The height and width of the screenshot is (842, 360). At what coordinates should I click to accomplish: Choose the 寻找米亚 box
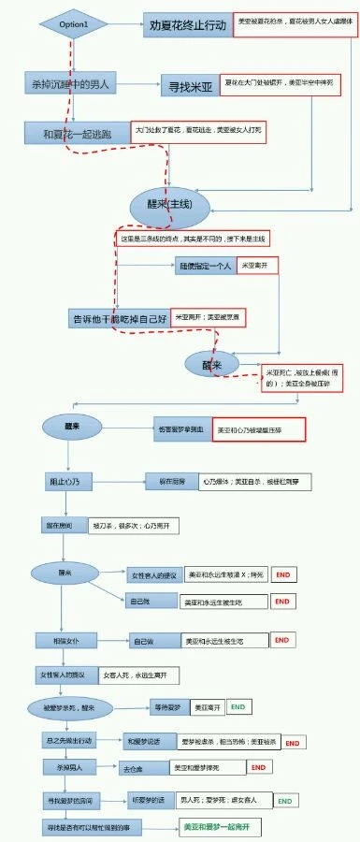click(x=188, y=85)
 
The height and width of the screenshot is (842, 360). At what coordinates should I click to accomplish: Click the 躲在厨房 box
click(x=169, y=482)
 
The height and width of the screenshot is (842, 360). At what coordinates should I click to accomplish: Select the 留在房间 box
click(x=63, y=527)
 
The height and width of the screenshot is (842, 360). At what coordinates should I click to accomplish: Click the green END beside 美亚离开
click(x=238, y=707)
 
